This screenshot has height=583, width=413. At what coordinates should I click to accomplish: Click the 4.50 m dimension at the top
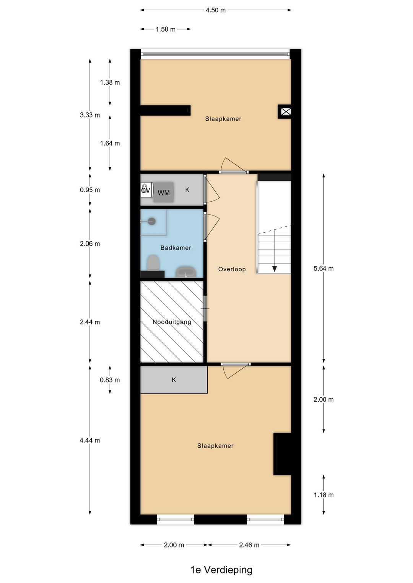[x=216, y=10]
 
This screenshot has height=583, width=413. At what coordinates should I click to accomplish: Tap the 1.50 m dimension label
[x=165, y=29]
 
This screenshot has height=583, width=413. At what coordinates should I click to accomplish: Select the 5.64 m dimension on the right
[x=324, y=269]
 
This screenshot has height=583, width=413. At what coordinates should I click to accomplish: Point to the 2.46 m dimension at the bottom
[x=249, y=545]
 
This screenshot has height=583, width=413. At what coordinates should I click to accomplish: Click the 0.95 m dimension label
[x=90, y=190]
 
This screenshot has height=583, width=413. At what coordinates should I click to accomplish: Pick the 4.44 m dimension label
[x=90, y=440]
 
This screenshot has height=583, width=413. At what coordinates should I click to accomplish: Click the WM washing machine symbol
[x=164, y=193]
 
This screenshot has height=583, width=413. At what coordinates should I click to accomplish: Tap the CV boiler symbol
[x=146, y=190]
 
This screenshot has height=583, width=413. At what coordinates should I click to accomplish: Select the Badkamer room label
[x=176, y=248]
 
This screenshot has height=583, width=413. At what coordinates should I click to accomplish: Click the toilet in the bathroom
[x=153, y=262]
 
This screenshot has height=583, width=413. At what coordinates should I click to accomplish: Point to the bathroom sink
[x=186, y=272]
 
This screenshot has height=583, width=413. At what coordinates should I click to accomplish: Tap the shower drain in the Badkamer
[x=152, y=221]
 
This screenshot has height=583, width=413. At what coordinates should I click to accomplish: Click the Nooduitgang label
[x=172, y=322]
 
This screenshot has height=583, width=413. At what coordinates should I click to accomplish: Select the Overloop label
[x=232, y=269]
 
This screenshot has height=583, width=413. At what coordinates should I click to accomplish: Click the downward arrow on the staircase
[x=275, y=269]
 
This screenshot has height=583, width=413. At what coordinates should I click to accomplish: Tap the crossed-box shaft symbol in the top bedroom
[x=286, y=112]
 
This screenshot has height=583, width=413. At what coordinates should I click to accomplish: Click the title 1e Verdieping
[x=221, y=570]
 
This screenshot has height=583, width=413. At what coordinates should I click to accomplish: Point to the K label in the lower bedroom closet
[x=174, y=380]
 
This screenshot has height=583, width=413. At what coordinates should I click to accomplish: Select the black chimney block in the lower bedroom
[x=283, y=454]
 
